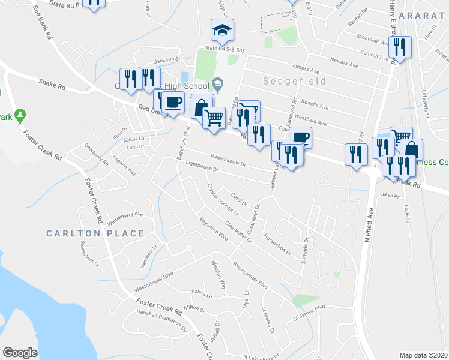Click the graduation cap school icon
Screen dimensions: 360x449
222,29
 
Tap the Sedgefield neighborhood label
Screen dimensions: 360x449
294,81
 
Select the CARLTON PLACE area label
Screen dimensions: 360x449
95,233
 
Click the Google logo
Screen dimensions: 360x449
20,353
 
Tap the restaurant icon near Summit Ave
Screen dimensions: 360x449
399,47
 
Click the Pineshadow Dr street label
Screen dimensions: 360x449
228,160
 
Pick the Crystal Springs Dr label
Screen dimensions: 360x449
223,200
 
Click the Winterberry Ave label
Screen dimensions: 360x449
125,215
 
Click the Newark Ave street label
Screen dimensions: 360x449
345,62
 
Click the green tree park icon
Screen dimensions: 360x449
20,113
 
